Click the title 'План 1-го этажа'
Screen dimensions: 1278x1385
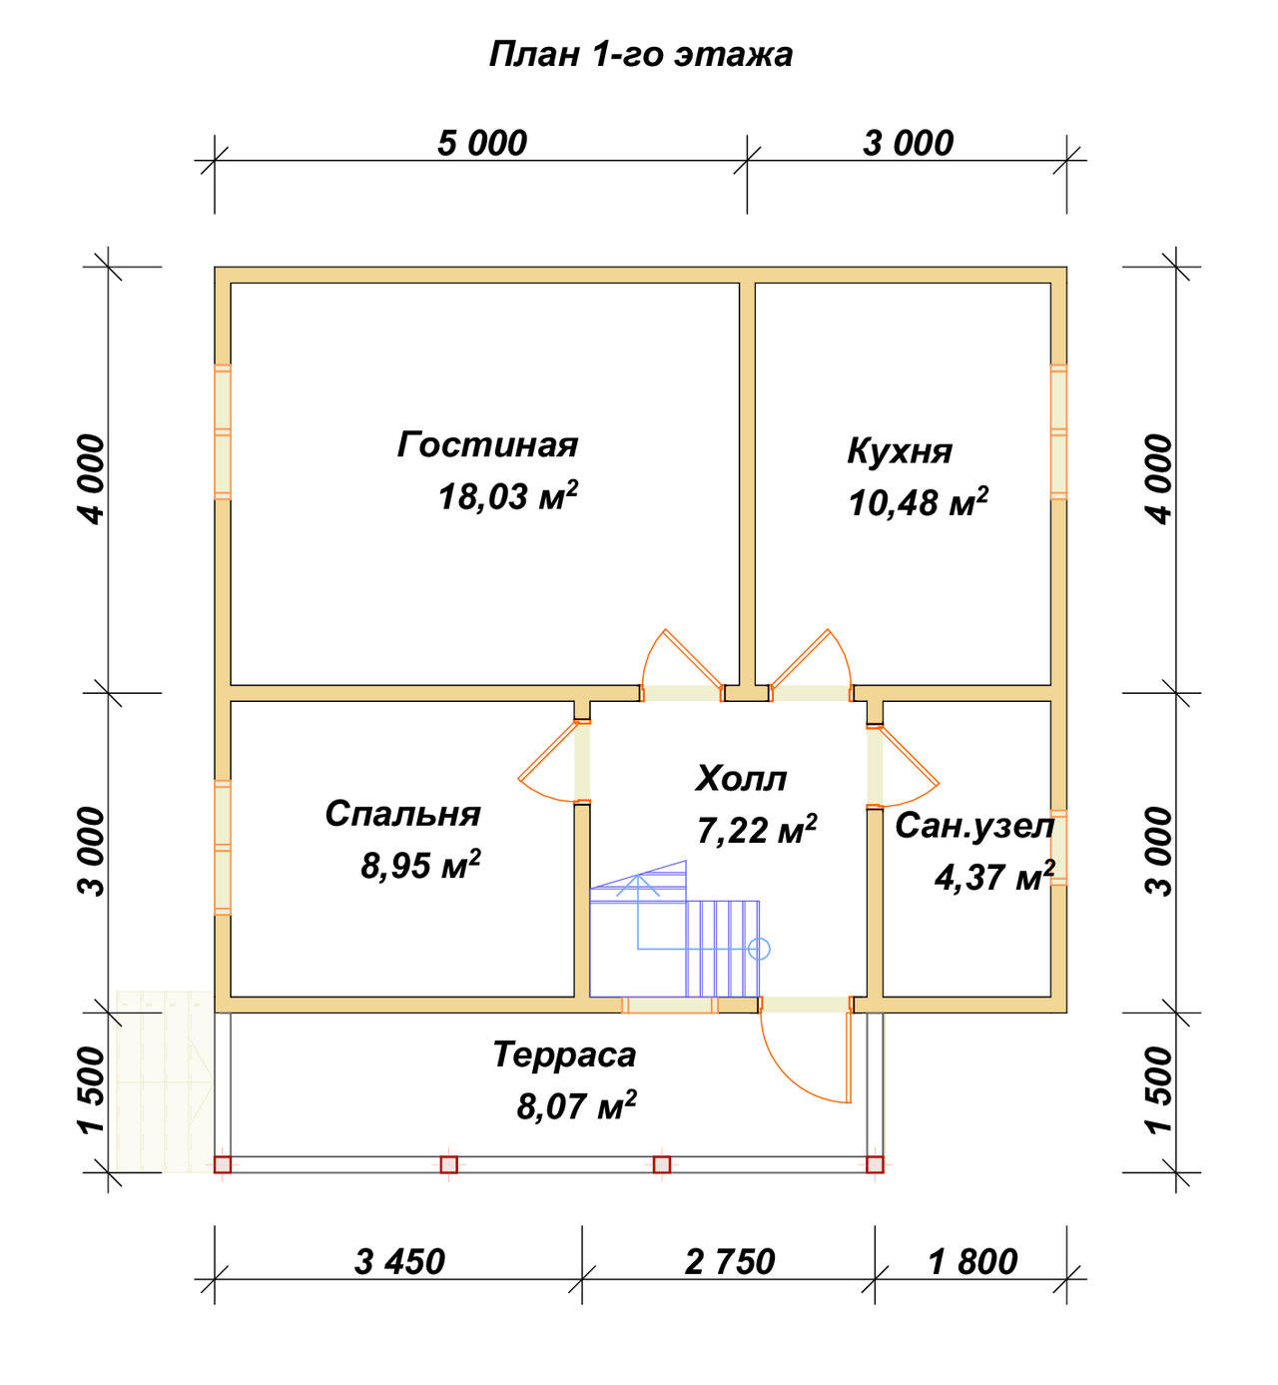pyautogui.click(x=640, y=55)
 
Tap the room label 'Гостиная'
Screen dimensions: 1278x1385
pyautogui.click(x=487, y=445)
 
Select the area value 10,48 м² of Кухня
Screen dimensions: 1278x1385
pyautogui.click(x=918, y=502)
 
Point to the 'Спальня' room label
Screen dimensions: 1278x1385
pyautogui.click(x=402, y=814)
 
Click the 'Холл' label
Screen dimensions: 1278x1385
pyautogui.click(x=741, y=778)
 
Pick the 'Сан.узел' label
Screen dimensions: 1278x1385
pyautogui.click(x=974, y=827)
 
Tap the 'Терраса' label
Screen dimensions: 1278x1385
pyautogui.click(x=564, y=1054)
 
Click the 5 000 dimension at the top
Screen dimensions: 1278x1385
pyautogui.click(x=482, y=144)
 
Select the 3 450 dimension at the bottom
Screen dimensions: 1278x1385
pyautogui.click(x=399, y=1262)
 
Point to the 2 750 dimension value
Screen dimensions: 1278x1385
pyautogui.click(x=730, y=1262)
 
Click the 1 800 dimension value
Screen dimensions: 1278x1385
pyautogui.click(x=972, y=1262)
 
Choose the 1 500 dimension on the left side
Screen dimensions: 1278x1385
pyautogui.click(x=92, y=1090)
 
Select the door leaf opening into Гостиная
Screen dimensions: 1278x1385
pyautogui.click(x=693, y=658)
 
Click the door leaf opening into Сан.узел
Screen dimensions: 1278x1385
pyautogui.click(x=909, y=755)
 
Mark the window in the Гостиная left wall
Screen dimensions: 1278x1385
pyautogui.click(x=223, y=432)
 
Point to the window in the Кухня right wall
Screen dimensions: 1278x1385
pyautogui.click(x=1058, y=432)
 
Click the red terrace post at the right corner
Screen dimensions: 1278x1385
pyautogui.click(x=875, y=1164)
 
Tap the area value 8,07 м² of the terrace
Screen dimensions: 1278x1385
pyautogui.click(x=576, y=1106)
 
